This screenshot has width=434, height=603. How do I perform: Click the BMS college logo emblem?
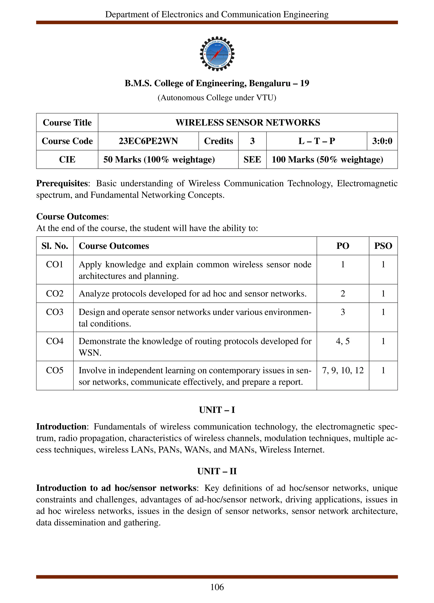click(217, 54)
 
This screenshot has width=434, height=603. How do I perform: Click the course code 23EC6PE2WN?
click(148, 141)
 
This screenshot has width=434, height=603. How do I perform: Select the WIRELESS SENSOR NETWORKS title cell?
click(248, 123)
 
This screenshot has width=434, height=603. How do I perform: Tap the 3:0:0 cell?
click(382, 141)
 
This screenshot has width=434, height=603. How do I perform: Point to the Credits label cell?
click(218, 141)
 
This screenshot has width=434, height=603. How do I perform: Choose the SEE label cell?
click(252, 160)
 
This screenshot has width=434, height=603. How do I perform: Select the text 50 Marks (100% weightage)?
click(159, 160)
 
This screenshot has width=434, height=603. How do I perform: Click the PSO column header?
click(383, 246)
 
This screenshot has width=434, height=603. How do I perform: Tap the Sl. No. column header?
click(55, 246)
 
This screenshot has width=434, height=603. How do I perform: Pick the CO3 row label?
click(55, 312)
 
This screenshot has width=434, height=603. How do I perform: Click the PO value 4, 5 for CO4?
click(343, 341)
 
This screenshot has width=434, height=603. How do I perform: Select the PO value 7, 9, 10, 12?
click(343, 370)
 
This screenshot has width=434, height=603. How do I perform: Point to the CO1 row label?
click(55, 264)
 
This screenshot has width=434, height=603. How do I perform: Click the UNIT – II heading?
click(217, 471)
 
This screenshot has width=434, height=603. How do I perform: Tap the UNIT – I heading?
click(217, 410)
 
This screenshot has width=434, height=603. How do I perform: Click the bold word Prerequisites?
click(62, 184)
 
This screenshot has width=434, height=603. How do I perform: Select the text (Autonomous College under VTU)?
click(217, 98)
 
